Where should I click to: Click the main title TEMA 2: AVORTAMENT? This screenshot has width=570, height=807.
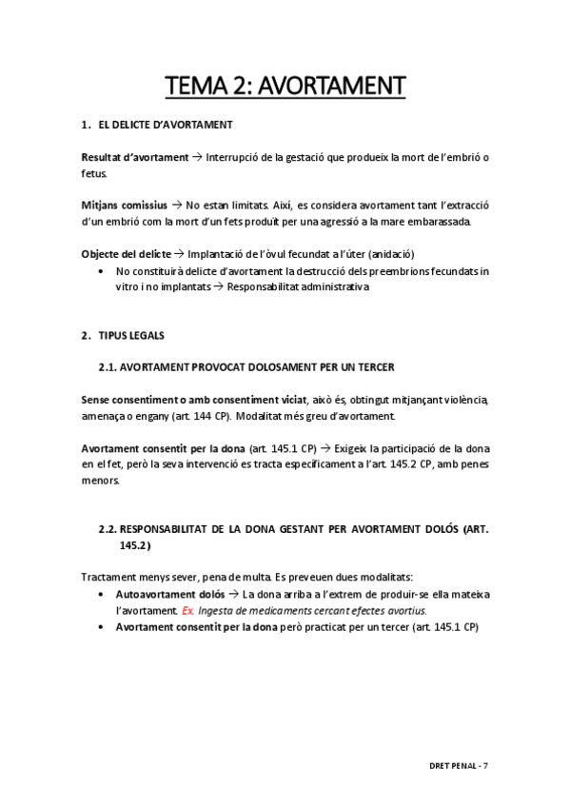pos(285,87)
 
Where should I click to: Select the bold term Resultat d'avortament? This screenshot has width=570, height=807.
pos(134,157)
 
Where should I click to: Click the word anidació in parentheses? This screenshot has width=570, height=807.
pos(391,254)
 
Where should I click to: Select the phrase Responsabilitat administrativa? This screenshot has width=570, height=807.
pos(298,286)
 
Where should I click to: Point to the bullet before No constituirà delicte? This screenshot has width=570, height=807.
pos(102,271)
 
